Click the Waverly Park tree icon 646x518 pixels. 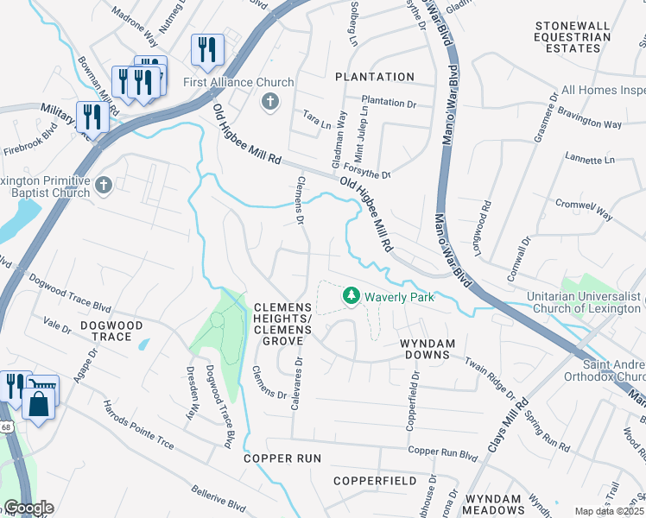351,296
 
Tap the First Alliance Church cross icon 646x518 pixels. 270,103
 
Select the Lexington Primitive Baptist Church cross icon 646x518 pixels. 104,185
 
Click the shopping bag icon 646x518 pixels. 40,403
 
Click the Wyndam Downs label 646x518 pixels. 427,344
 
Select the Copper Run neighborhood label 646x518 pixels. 282,458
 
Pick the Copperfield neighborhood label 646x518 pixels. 375,480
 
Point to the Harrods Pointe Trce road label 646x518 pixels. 139,426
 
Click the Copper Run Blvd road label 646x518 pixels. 443,452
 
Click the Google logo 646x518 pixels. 28,508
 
